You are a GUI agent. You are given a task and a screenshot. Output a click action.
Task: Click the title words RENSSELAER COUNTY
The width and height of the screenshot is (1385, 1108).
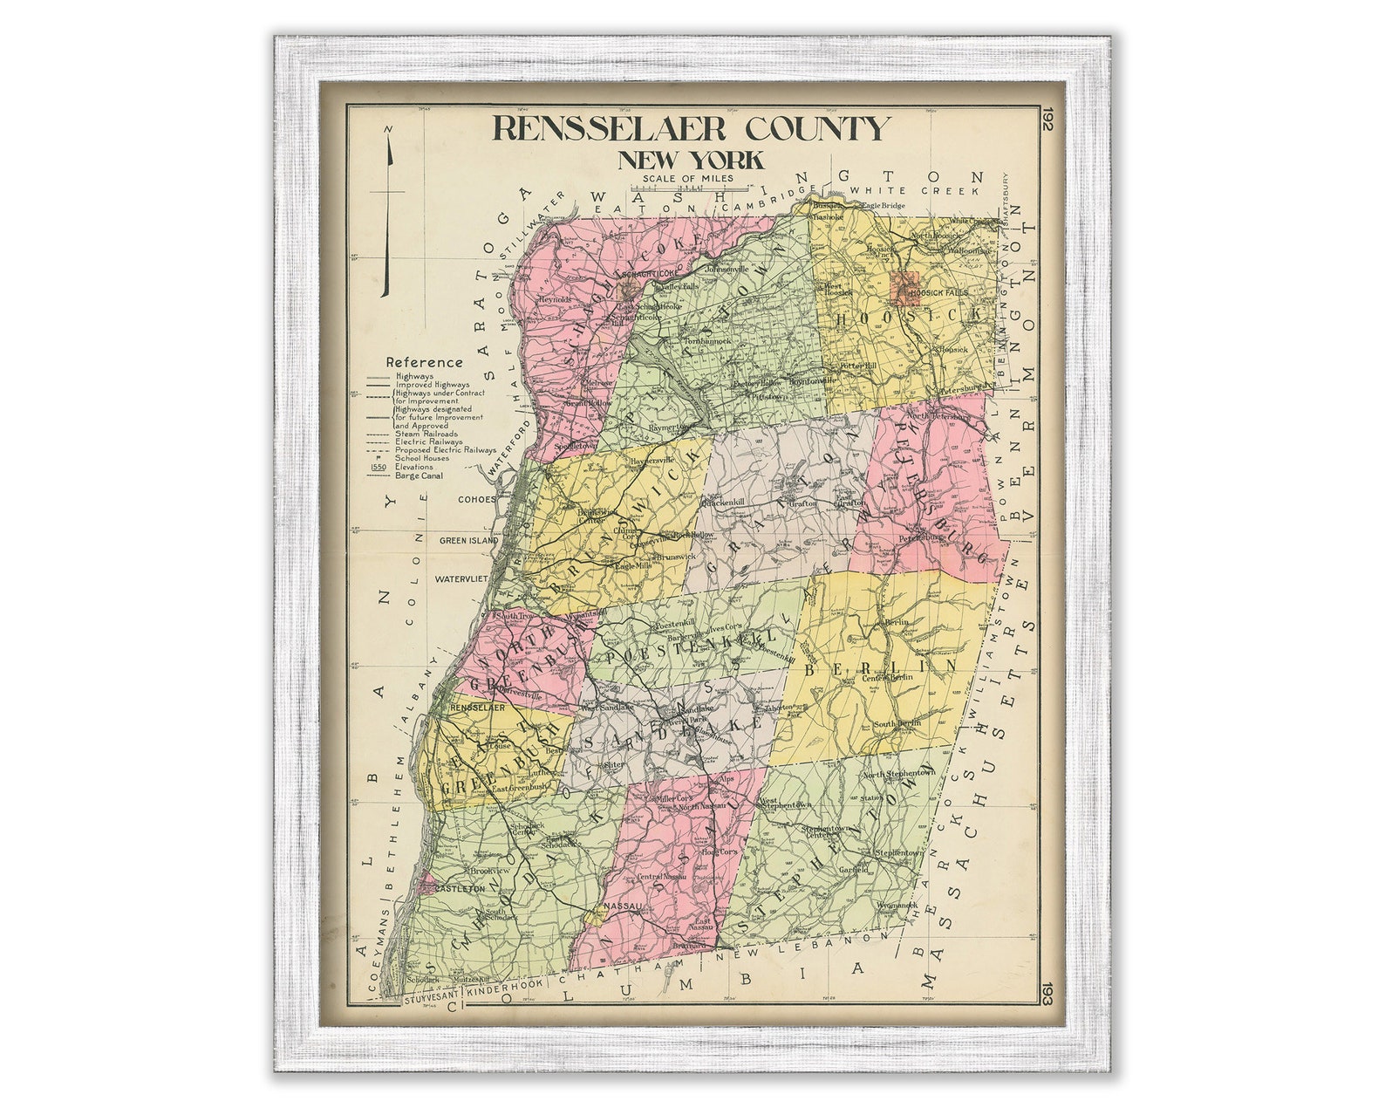tap(692, 127)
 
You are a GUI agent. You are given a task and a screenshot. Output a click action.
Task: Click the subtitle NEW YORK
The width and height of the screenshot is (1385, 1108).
tap(691, 161)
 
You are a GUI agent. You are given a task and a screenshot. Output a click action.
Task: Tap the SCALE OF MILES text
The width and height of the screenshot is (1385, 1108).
tap(686, 180)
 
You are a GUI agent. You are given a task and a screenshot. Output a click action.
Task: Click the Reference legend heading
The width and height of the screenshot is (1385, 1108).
tap(425, 362)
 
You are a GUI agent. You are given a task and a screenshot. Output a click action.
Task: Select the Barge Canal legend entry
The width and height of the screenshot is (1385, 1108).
tap(418, 475)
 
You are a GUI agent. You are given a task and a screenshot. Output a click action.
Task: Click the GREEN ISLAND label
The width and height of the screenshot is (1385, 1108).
tap(468, 540)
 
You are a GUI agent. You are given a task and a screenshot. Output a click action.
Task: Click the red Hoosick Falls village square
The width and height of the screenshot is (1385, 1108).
tap(904, 286)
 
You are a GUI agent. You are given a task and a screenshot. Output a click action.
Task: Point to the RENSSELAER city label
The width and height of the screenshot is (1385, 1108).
tap(478, 708)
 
